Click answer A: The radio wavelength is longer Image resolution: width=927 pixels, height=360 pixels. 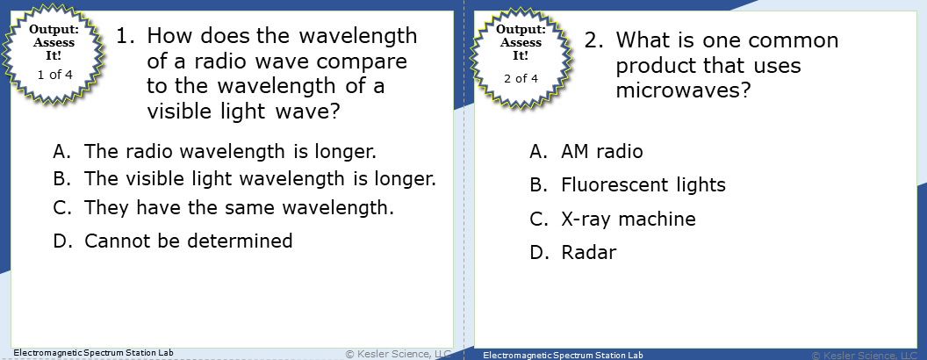(x=230, y=150)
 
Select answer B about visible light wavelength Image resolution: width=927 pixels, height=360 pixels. (x=260, y=178)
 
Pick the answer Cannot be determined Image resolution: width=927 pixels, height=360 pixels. (x=188, y=240)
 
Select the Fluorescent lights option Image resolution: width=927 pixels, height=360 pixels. (x=643, y=185)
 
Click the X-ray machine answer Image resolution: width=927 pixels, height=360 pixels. (x=628, y=219)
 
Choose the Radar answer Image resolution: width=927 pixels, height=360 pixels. (x=588, y=253)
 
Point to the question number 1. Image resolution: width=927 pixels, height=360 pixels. (x=126, y=37)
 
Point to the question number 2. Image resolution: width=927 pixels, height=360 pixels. (x=594, y=41)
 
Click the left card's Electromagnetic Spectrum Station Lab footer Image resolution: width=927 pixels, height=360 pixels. (x=93, y=353)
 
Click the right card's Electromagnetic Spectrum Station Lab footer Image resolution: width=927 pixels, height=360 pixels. (x=562, y=356)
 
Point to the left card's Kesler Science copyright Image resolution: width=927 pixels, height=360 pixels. (x=399, y=353)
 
